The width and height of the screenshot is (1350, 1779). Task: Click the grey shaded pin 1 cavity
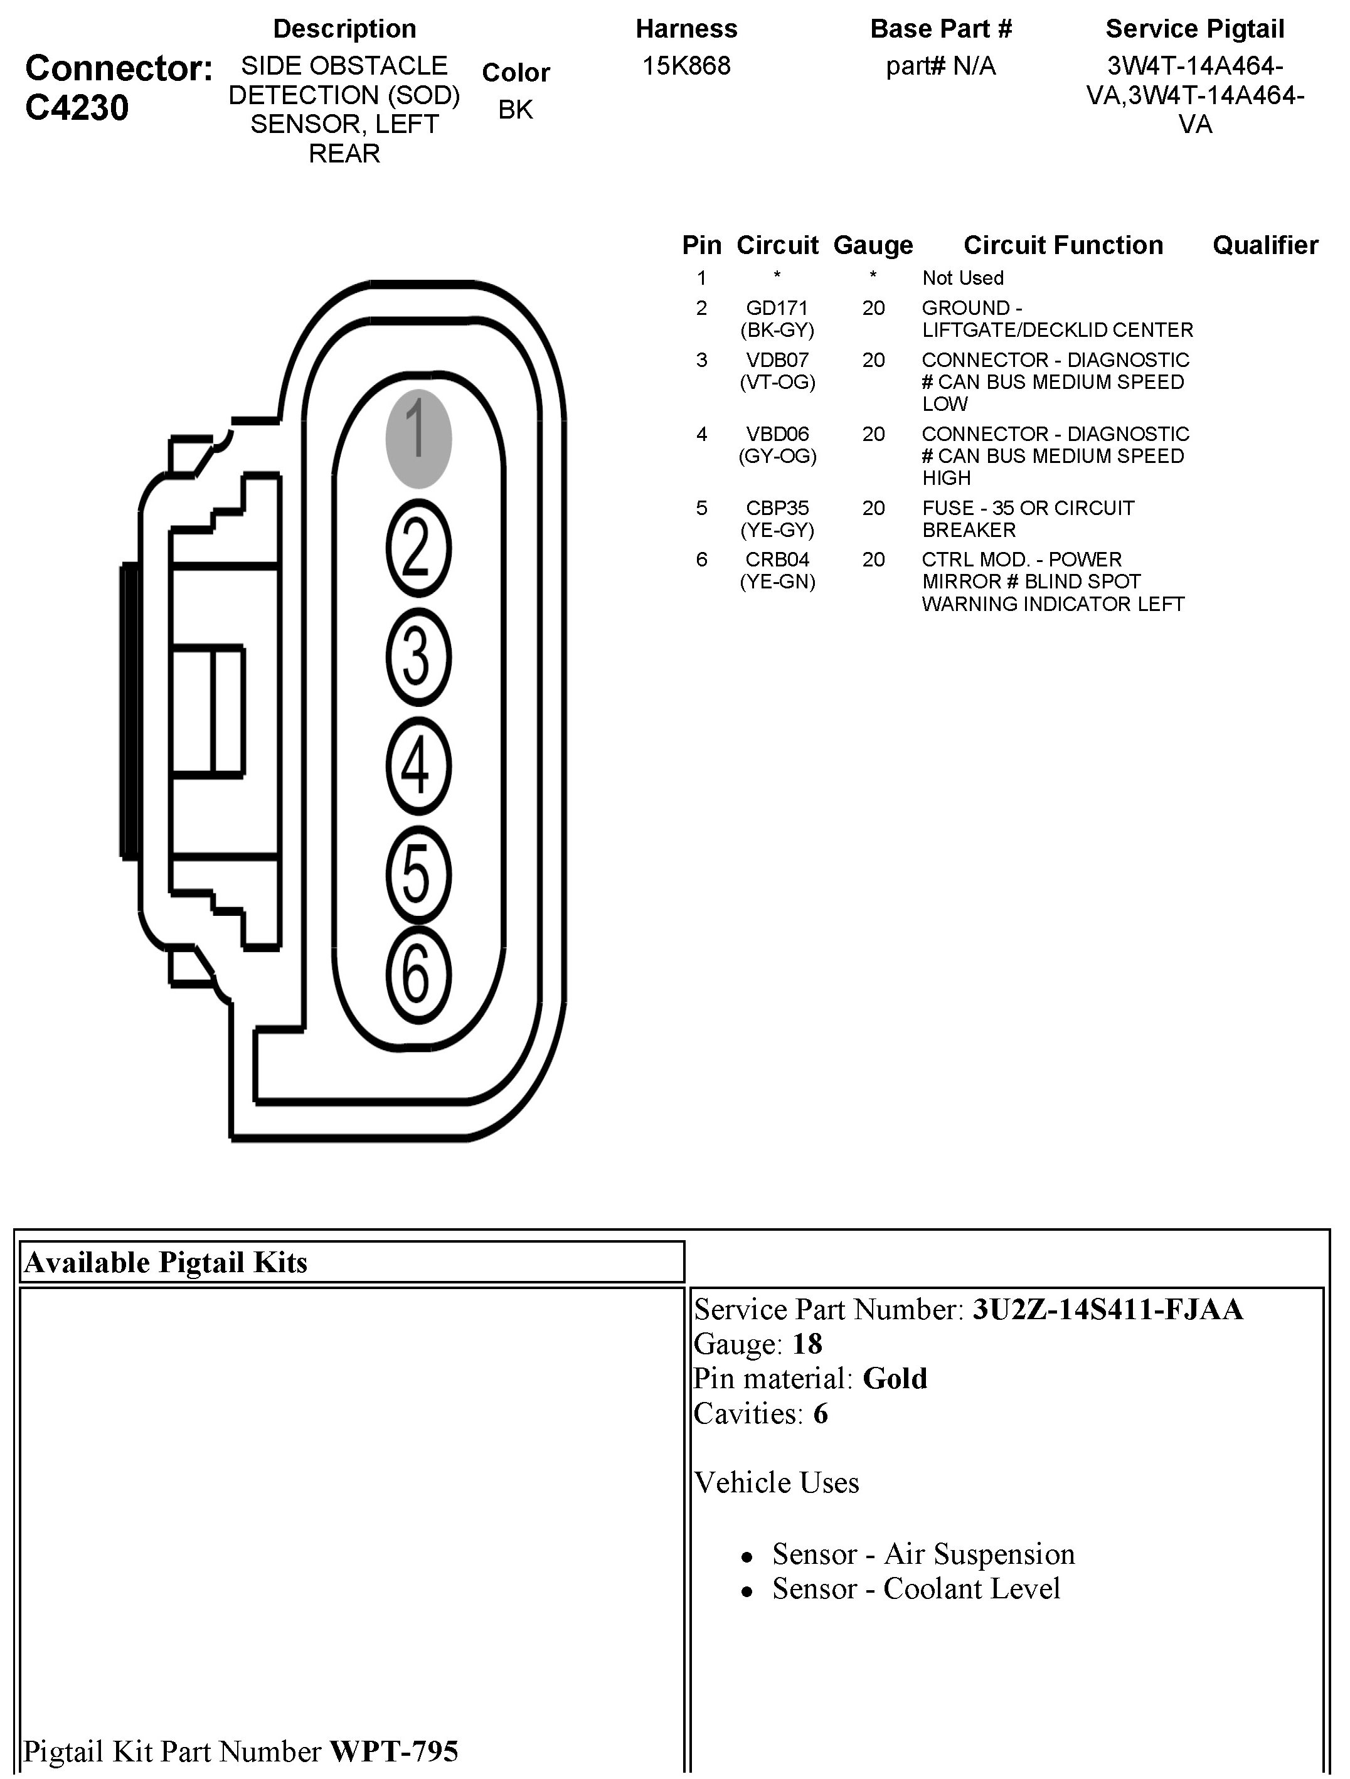click(418, 439)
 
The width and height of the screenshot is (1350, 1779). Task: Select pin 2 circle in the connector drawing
click(418, 548)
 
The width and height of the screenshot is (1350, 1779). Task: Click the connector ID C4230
click(77, 107)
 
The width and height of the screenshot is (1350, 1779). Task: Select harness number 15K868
click(686, 66)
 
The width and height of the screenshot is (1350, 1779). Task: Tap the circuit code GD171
click(777, 308)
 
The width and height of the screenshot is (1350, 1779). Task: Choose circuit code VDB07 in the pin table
click(777, 359)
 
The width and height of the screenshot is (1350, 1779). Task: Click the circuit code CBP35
click(777, 508)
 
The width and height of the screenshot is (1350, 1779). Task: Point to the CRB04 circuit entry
click(777, 560)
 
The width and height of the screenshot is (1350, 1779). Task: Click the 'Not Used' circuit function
click(962, 279)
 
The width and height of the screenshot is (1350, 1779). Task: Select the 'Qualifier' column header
click(1265, 245)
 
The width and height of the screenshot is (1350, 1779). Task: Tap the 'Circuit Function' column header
click(1063, 245)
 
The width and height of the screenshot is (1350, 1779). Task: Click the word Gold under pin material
click(895, 1379)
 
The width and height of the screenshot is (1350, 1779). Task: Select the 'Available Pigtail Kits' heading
click(166, 1263)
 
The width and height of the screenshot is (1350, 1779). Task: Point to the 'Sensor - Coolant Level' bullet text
click(915, 1588)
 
